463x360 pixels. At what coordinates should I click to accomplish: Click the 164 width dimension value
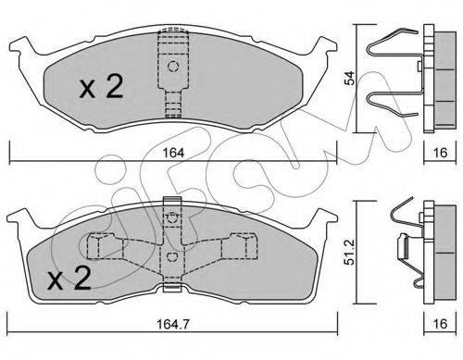173,153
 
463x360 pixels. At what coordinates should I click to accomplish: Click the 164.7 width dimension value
173,324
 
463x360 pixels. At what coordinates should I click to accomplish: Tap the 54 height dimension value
350,78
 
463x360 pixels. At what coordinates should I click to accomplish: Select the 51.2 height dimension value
350,253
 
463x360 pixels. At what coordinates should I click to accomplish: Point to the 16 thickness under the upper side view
440,153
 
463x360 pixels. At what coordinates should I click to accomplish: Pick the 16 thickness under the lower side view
440,324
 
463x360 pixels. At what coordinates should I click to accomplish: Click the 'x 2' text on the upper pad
102,87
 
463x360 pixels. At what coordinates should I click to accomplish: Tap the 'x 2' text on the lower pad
69,279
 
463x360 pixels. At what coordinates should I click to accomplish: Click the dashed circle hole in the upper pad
173,67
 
